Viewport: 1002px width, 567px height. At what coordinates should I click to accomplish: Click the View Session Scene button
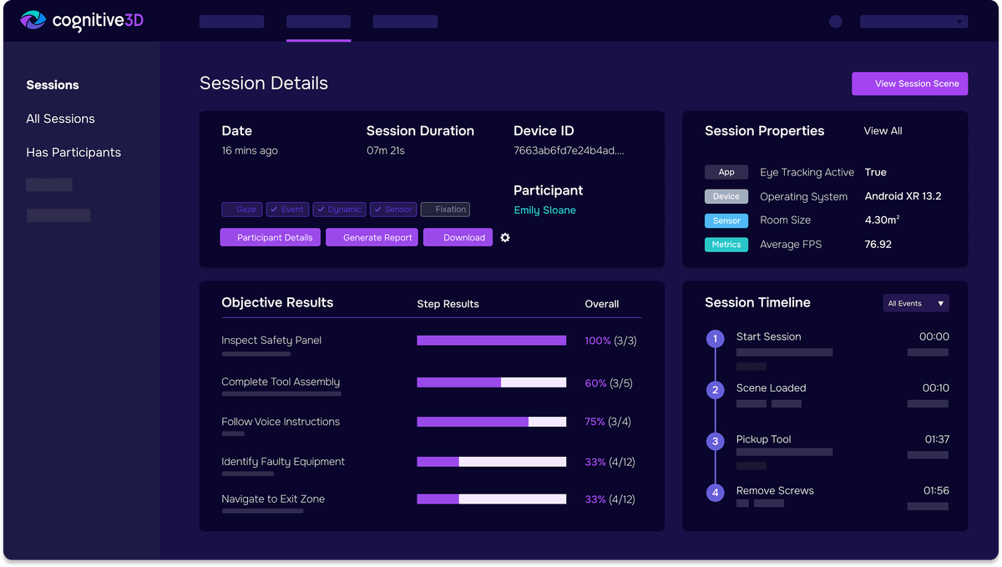tap(909, 84)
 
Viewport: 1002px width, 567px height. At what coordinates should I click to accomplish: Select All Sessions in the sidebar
tap(60, 119)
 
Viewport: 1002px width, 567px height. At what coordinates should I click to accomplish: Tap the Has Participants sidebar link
tap(73, 152)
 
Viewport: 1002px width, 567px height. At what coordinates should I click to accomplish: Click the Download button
tap(458, 237)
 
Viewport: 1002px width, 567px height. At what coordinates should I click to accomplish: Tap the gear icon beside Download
tap(505, 237)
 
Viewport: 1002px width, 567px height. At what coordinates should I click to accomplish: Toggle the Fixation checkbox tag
tap(445, 210)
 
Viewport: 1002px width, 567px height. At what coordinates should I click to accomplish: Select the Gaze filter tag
tap(241, 210)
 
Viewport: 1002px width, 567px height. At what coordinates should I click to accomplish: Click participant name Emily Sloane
tap(544, 210)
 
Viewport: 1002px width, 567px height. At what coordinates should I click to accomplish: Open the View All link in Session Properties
tap(883, 131)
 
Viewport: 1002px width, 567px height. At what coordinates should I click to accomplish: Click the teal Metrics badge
tap(726, 245)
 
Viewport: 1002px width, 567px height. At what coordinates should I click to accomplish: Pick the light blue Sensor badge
tap(726, 220)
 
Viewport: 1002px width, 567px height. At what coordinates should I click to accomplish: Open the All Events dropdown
tap(916, 303)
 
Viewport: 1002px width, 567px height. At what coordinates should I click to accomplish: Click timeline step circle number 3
tap(715, 442)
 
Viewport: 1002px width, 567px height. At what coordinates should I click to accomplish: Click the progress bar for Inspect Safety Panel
tap(491, 341)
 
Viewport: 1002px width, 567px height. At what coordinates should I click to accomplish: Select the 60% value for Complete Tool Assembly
tap(595, 383)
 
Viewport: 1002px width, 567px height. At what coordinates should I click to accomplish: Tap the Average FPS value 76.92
tap(878, 245)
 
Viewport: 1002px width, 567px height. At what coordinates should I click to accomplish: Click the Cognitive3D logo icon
tap(33, 20)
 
